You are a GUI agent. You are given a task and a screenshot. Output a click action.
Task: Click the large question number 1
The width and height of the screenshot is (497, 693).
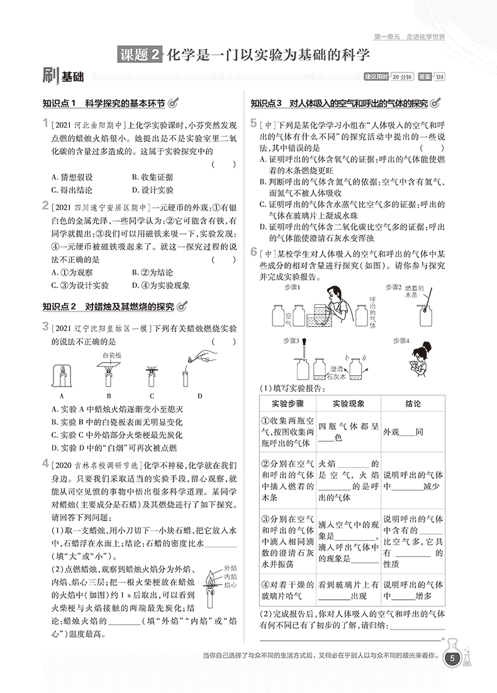pos(45,123)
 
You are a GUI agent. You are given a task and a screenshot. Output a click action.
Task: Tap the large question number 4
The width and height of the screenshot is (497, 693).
pos(45,465)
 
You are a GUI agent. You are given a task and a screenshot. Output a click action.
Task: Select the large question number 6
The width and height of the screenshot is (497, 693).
pos(253,252)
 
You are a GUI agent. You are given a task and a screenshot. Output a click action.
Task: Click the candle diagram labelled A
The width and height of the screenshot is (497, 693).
pos(62,376)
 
